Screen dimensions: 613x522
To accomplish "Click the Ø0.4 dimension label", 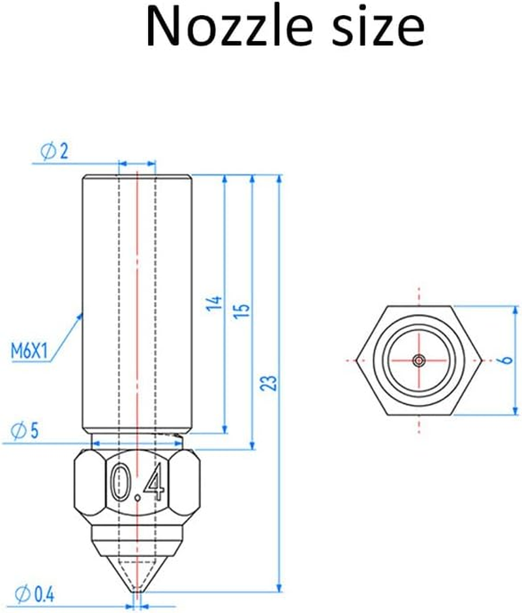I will (x=37, y=593).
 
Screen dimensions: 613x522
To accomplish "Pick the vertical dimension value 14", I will (x=216, y=302).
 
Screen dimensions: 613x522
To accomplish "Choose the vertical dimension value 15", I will (x=244, y=309).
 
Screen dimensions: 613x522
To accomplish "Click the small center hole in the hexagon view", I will (x=418, y=360).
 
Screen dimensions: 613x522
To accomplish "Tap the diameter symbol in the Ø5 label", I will (x=18, y=430).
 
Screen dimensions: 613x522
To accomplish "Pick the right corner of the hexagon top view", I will (x=481, y=360).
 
